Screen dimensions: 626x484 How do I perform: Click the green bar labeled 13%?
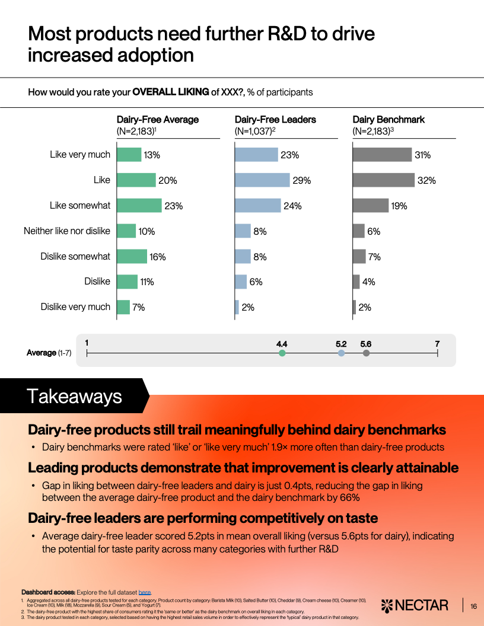(129, 155)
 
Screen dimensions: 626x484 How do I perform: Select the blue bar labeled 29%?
(262, 180)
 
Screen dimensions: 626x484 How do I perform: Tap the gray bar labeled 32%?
(383, 180)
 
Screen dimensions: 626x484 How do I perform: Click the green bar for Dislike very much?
(123, 307)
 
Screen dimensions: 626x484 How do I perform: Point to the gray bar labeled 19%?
(370, 206)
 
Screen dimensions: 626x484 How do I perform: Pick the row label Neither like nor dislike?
(67, 231)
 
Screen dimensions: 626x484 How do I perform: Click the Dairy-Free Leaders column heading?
(275, 120)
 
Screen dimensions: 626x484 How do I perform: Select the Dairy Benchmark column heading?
(389, 120)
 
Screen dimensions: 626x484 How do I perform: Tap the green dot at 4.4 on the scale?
(282, 353)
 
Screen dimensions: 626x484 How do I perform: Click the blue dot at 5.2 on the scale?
(341, 353)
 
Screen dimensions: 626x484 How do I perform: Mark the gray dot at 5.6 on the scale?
(366, 353)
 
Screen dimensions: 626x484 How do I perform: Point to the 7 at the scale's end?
(437, 344)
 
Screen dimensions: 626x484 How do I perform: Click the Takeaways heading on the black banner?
(74, 397)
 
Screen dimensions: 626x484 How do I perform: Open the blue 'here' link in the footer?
(145, 592)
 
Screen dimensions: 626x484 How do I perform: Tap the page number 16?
(473, 606)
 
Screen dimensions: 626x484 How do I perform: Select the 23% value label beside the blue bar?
(289, 155)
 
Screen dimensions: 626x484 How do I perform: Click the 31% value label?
(422, 155)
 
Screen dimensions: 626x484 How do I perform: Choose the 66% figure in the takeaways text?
(349, 498)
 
